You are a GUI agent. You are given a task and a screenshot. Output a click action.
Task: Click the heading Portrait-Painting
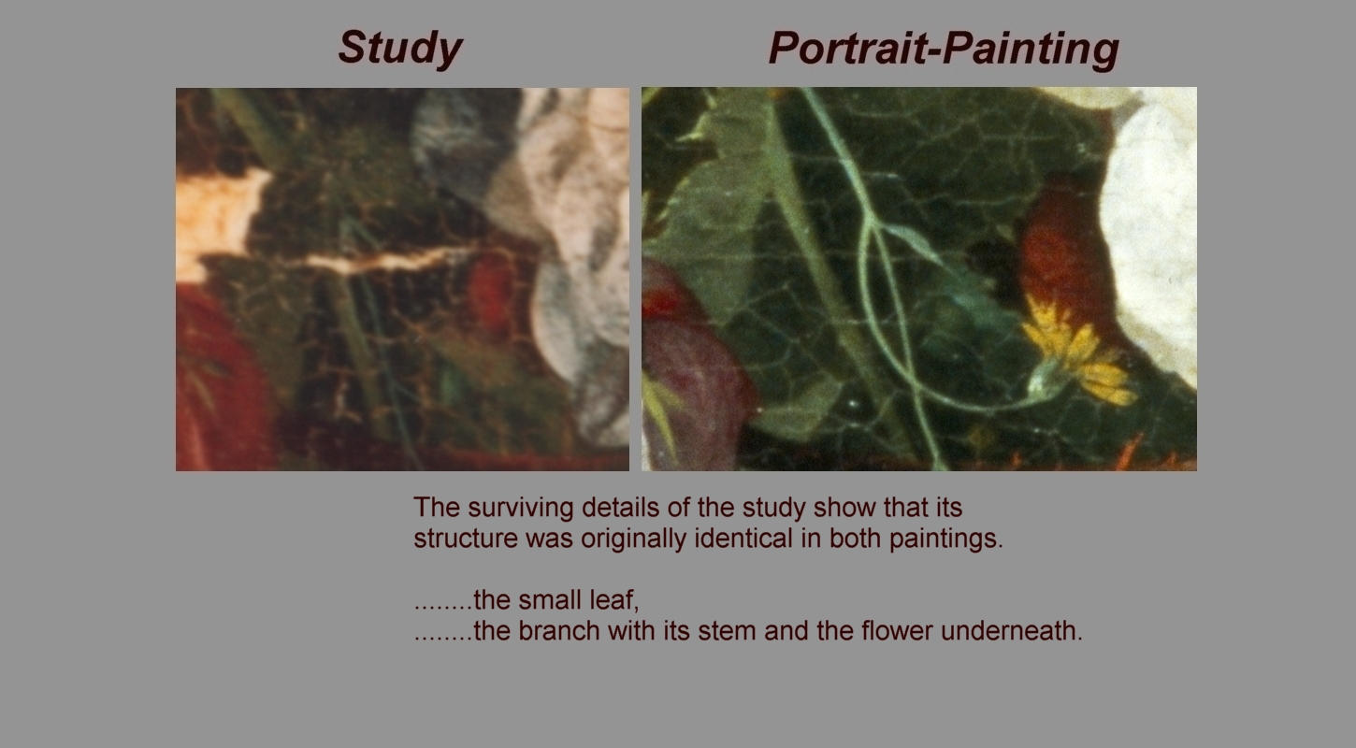coord(944,49)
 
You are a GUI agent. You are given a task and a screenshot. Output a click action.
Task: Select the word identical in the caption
coord(743,538)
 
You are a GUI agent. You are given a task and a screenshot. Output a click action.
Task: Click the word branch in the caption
coord(558,630)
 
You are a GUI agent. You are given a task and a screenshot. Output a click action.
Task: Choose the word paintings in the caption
coord(945,538)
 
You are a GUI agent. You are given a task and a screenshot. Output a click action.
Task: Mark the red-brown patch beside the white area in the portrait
coord(1062,248)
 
